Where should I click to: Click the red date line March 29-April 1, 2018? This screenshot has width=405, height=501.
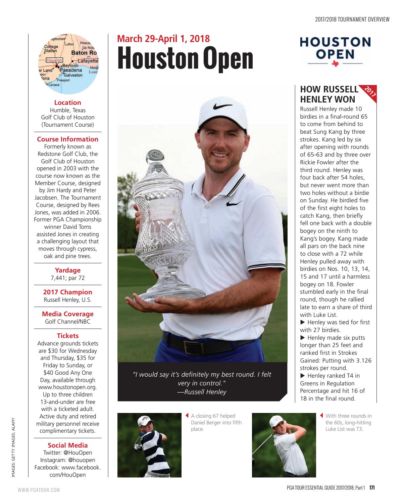coord(163,39)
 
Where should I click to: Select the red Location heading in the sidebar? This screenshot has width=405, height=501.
coord(68,102)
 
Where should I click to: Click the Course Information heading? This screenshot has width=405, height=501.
coord(68,139)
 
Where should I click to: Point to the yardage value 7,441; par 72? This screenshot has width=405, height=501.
coord(68,278)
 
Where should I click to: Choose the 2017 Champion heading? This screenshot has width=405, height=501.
coord(68,292)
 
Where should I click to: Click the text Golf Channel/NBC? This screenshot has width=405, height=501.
coord(68,322)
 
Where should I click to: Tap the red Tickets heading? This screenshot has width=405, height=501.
coord(68,336)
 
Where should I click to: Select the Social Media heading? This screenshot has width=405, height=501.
coord(68,445)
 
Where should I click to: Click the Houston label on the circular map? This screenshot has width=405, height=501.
coord(54,60)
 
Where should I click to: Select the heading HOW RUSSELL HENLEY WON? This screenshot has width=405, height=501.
coord(329,94)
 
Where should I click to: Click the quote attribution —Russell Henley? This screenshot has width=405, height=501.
coord(202,391)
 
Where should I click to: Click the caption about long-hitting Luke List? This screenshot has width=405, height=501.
coord(348,422)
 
